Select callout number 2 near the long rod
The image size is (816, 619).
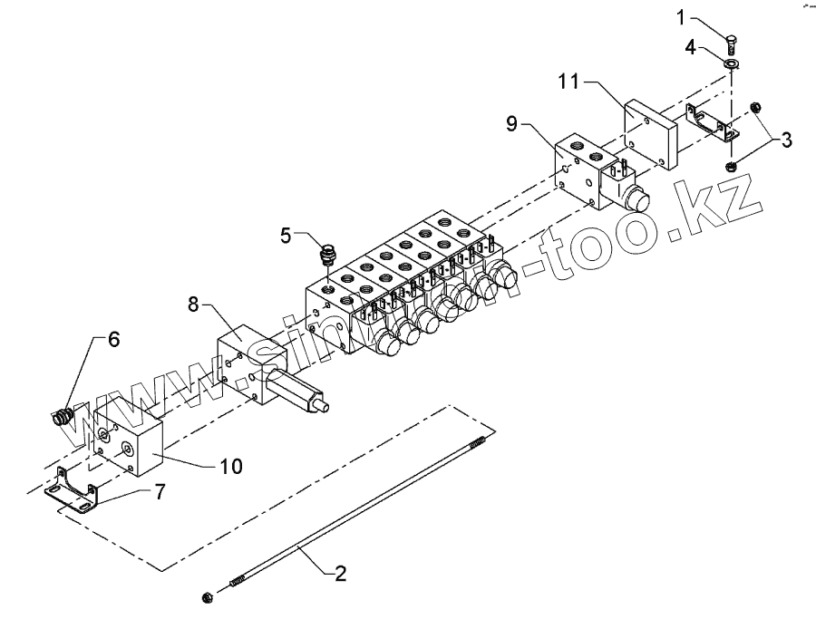coord(340,573)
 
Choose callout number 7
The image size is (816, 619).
coord(160,492)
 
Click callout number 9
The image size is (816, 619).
coord(512,123)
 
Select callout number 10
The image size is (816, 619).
coord(231,467)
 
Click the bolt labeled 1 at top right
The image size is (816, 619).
coord(732,42)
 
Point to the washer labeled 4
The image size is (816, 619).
coord(732,64)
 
